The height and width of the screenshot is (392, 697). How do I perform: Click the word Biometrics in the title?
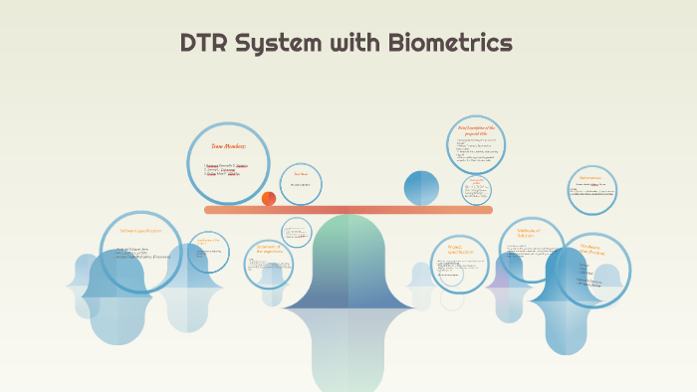point(453,43)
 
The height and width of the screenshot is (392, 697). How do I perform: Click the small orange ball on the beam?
point(269,199)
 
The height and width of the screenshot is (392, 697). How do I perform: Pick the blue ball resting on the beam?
point(421,188)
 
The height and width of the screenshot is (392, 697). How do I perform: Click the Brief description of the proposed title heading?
point(475,130)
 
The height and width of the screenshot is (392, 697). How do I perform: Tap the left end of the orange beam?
point(208,210)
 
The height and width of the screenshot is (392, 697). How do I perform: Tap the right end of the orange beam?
point(489,210)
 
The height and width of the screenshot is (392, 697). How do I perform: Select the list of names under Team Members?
point(222,170)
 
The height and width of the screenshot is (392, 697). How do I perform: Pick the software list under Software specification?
point(142,253)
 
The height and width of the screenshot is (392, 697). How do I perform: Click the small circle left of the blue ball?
point(300,184)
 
